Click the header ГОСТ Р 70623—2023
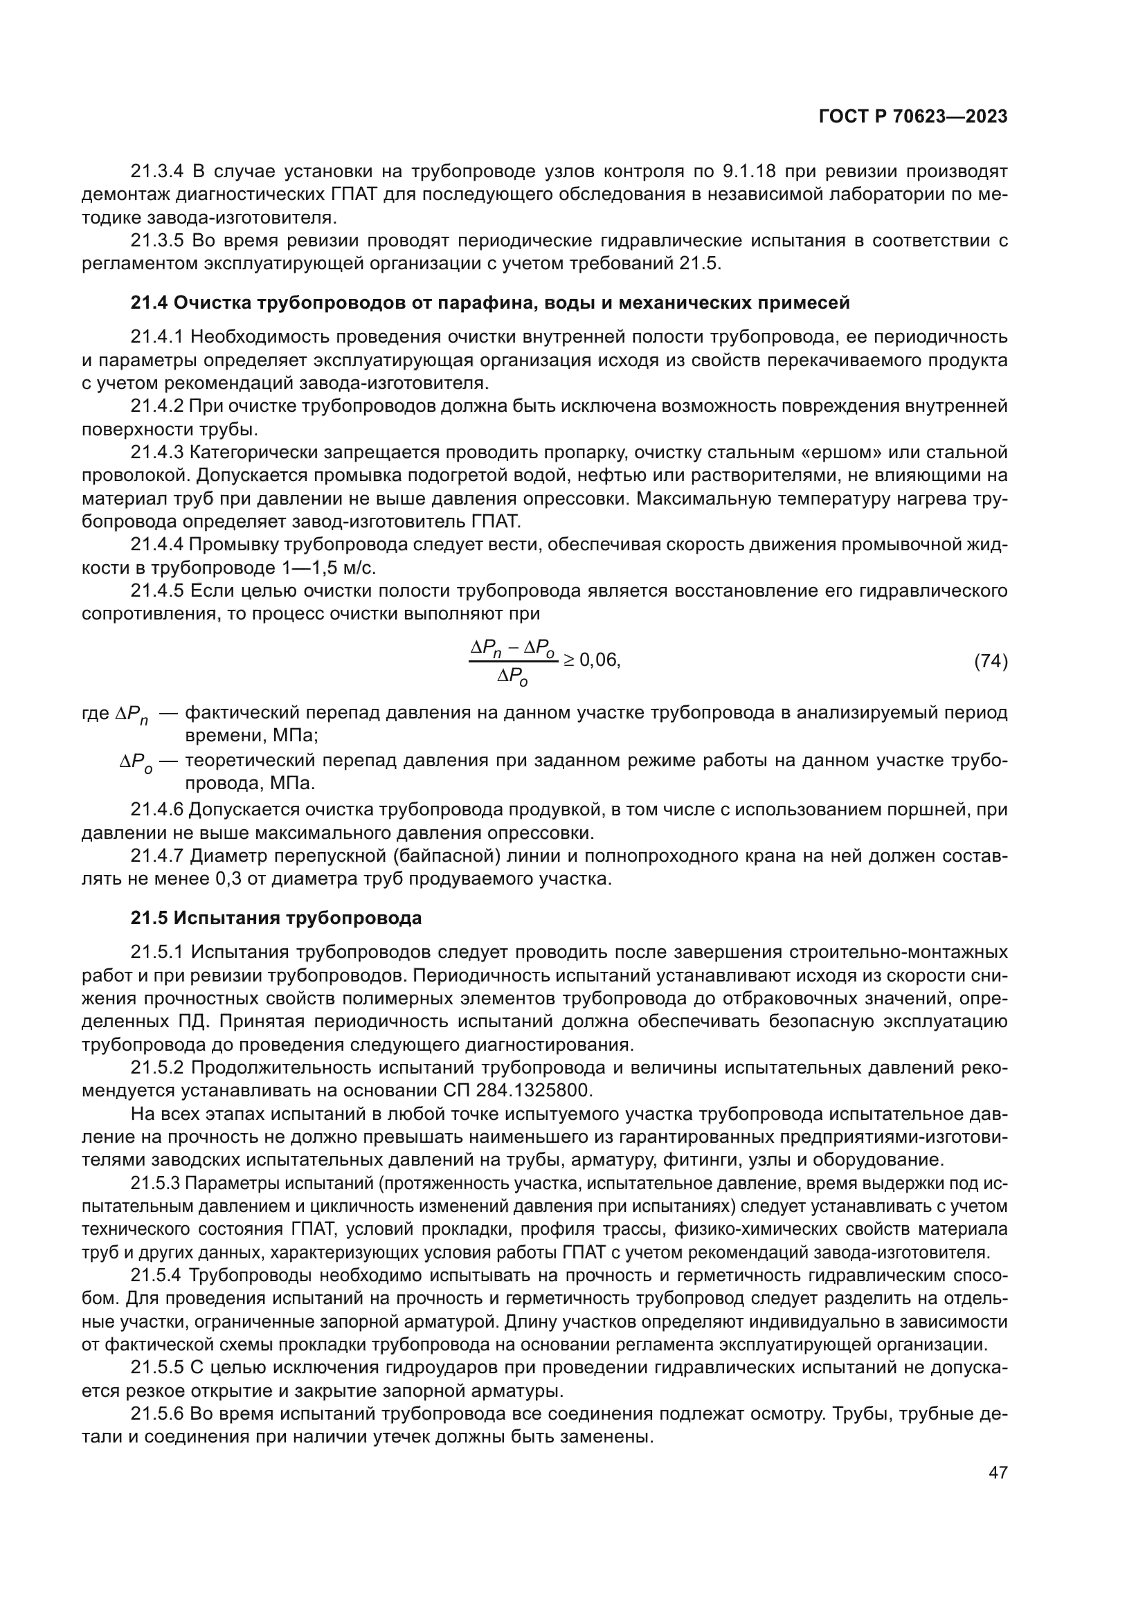point(913,117)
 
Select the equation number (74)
point(991,662)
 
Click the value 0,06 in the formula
point(599,660)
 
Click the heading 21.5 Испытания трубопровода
point(276,918)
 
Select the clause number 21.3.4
point(156,172)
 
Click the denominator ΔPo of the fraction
point(512,677)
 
